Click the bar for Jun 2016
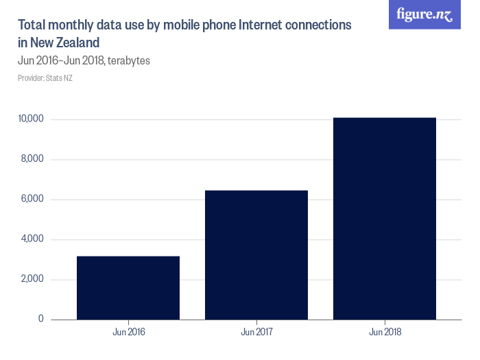pos(128,287)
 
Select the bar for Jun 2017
pos(256,254)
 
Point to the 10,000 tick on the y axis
pos(31,119)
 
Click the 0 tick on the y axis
pos(40,319)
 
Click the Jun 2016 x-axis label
pos(128,333)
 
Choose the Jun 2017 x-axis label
pos(256,333)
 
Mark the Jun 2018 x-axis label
pos(385,333)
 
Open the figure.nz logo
pos(425,15)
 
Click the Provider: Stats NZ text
pos(45,78)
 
